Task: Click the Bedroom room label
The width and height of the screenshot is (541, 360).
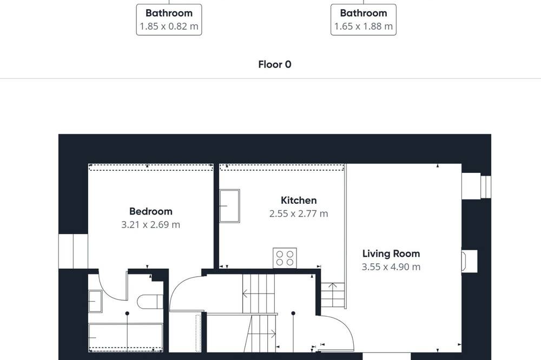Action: (151, 211)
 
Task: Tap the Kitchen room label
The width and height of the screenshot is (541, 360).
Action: (299, 201)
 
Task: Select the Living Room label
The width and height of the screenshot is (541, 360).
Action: (391, 254)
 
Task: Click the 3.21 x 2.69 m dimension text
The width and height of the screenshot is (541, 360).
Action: (151, 225)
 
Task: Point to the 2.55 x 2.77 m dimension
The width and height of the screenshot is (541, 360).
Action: (299, 214)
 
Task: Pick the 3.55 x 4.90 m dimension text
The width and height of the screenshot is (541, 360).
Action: (391, 267)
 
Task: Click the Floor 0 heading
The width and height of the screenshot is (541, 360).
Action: (275, 64)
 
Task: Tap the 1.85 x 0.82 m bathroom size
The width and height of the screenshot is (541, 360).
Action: (169, 26)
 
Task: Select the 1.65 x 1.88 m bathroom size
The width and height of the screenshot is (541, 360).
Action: (364, 26)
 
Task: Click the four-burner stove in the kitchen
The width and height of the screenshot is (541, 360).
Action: (285, 258)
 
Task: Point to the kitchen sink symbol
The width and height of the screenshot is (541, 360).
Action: (229, 206)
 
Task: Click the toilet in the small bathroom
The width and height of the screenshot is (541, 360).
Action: (150, 302)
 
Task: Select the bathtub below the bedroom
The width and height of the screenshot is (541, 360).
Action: (126, 337)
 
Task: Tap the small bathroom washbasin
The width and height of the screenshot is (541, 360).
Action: (95, 302)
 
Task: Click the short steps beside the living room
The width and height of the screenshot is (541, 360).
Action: (333, 295)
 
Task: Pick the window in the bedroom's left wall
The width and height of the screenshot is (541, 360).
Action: (73, 251)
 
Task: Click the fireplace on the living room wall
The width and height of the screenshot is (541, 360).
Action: (470, 261)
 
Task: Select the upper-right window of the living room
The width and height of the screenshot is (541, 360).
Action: (476, 186)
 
